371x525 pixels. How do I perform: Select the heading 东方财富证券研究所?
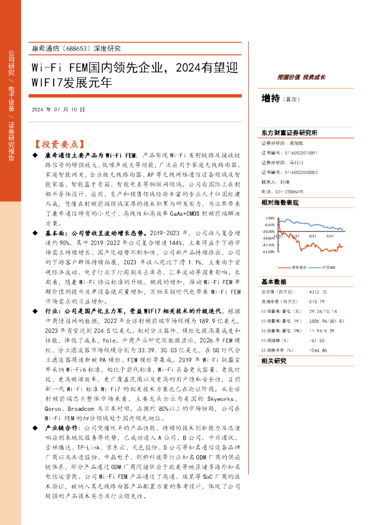tap(289, 133)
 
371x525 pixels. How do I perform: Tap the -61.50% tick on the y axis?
tap(268, 252)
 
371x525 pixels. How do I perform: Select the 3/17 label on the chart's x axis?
tap(329, 255)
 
